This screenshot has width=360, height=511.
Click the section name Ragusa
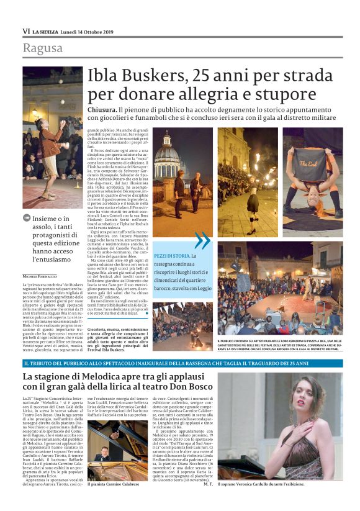(x=42, y=48)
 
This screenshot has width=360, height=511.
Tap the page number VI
(x=26, y=31)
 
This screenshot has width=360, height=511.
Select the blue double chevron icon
(x=202, y=240)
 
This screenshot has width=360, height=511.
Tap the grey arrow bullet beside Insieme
(x=27, y=219)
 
